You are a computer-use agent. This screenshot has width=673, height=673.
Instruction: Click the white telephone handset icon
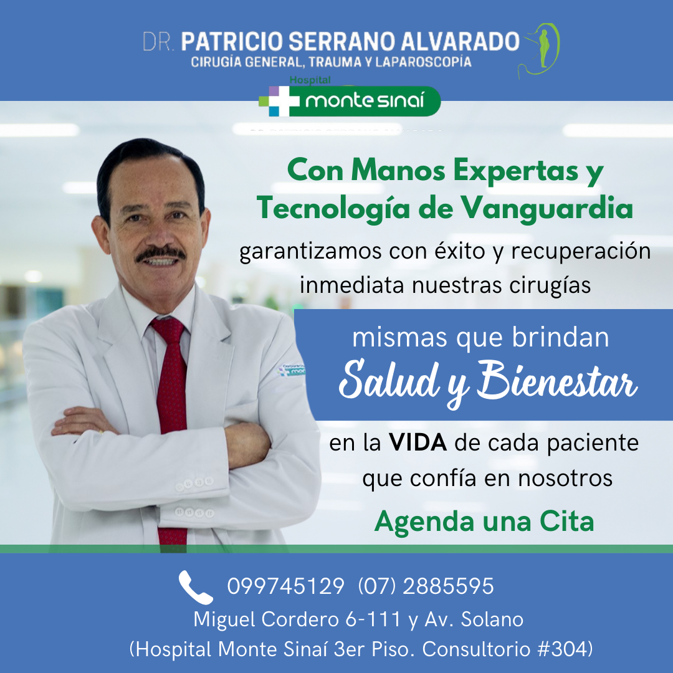click(195, 587)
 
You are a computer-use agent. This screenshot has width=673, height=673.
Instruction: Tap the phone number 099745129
click(286, 586)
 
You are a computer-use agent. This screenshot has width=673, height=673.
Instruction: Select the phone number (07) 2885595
click(426, 586)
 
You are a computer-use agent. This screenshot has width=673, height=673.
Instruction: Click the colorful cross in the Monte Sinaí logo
click(279, 102)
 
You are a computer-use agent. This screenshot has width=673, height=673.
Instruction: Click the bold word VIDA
click(418, 442)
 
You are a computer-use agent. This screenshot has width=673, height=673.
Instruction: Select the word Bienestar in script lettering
click(556, 380)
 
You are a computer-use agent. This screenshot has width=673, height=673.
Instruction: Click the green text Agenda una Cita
click(484, 522)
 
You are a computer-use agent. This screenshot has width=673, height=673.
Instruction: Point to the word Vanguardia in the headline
click(547, 209)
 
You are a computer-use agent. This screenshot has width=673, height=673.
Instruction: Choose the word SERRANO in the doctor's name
click(341, 42)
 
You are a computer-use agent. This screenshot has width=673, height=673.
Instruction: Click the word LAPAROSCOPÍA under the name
click(423, 62)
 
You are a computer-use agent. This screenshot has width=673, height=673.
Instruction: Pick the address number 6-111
click(373, 619)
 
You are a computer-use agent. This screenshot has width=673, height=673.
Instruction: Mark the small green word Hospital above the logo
click(310, 80)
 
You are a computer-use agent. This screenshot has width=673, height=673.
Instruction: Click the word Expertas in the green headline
click(517, 171)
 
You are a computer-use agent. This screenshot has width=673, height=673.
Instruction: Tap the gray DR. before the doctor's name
click(158, 42)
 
